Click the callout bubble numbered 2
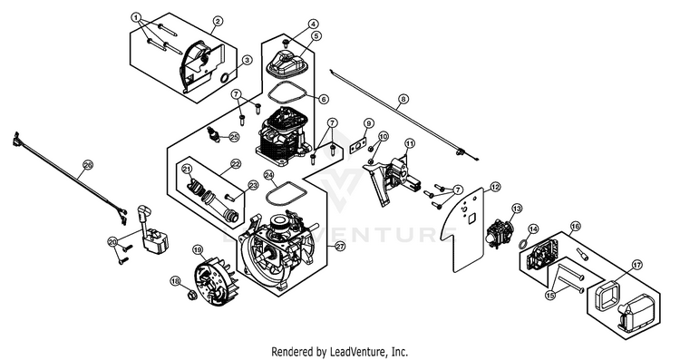pos(218,21)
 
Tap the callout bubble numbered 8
pos(403,100)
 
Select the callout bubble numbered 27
pos(340,247)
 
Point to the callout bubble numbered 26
pos(88,165)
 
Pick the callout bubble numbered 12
pos(495,188)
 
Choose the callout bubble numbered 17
pos(637,265)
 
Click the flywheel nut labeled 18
pos(190,296)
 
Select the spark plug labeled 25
pos(213,133)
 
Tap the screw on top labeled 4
pos(286,43)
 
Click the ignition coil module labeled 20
pos(152,234)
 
